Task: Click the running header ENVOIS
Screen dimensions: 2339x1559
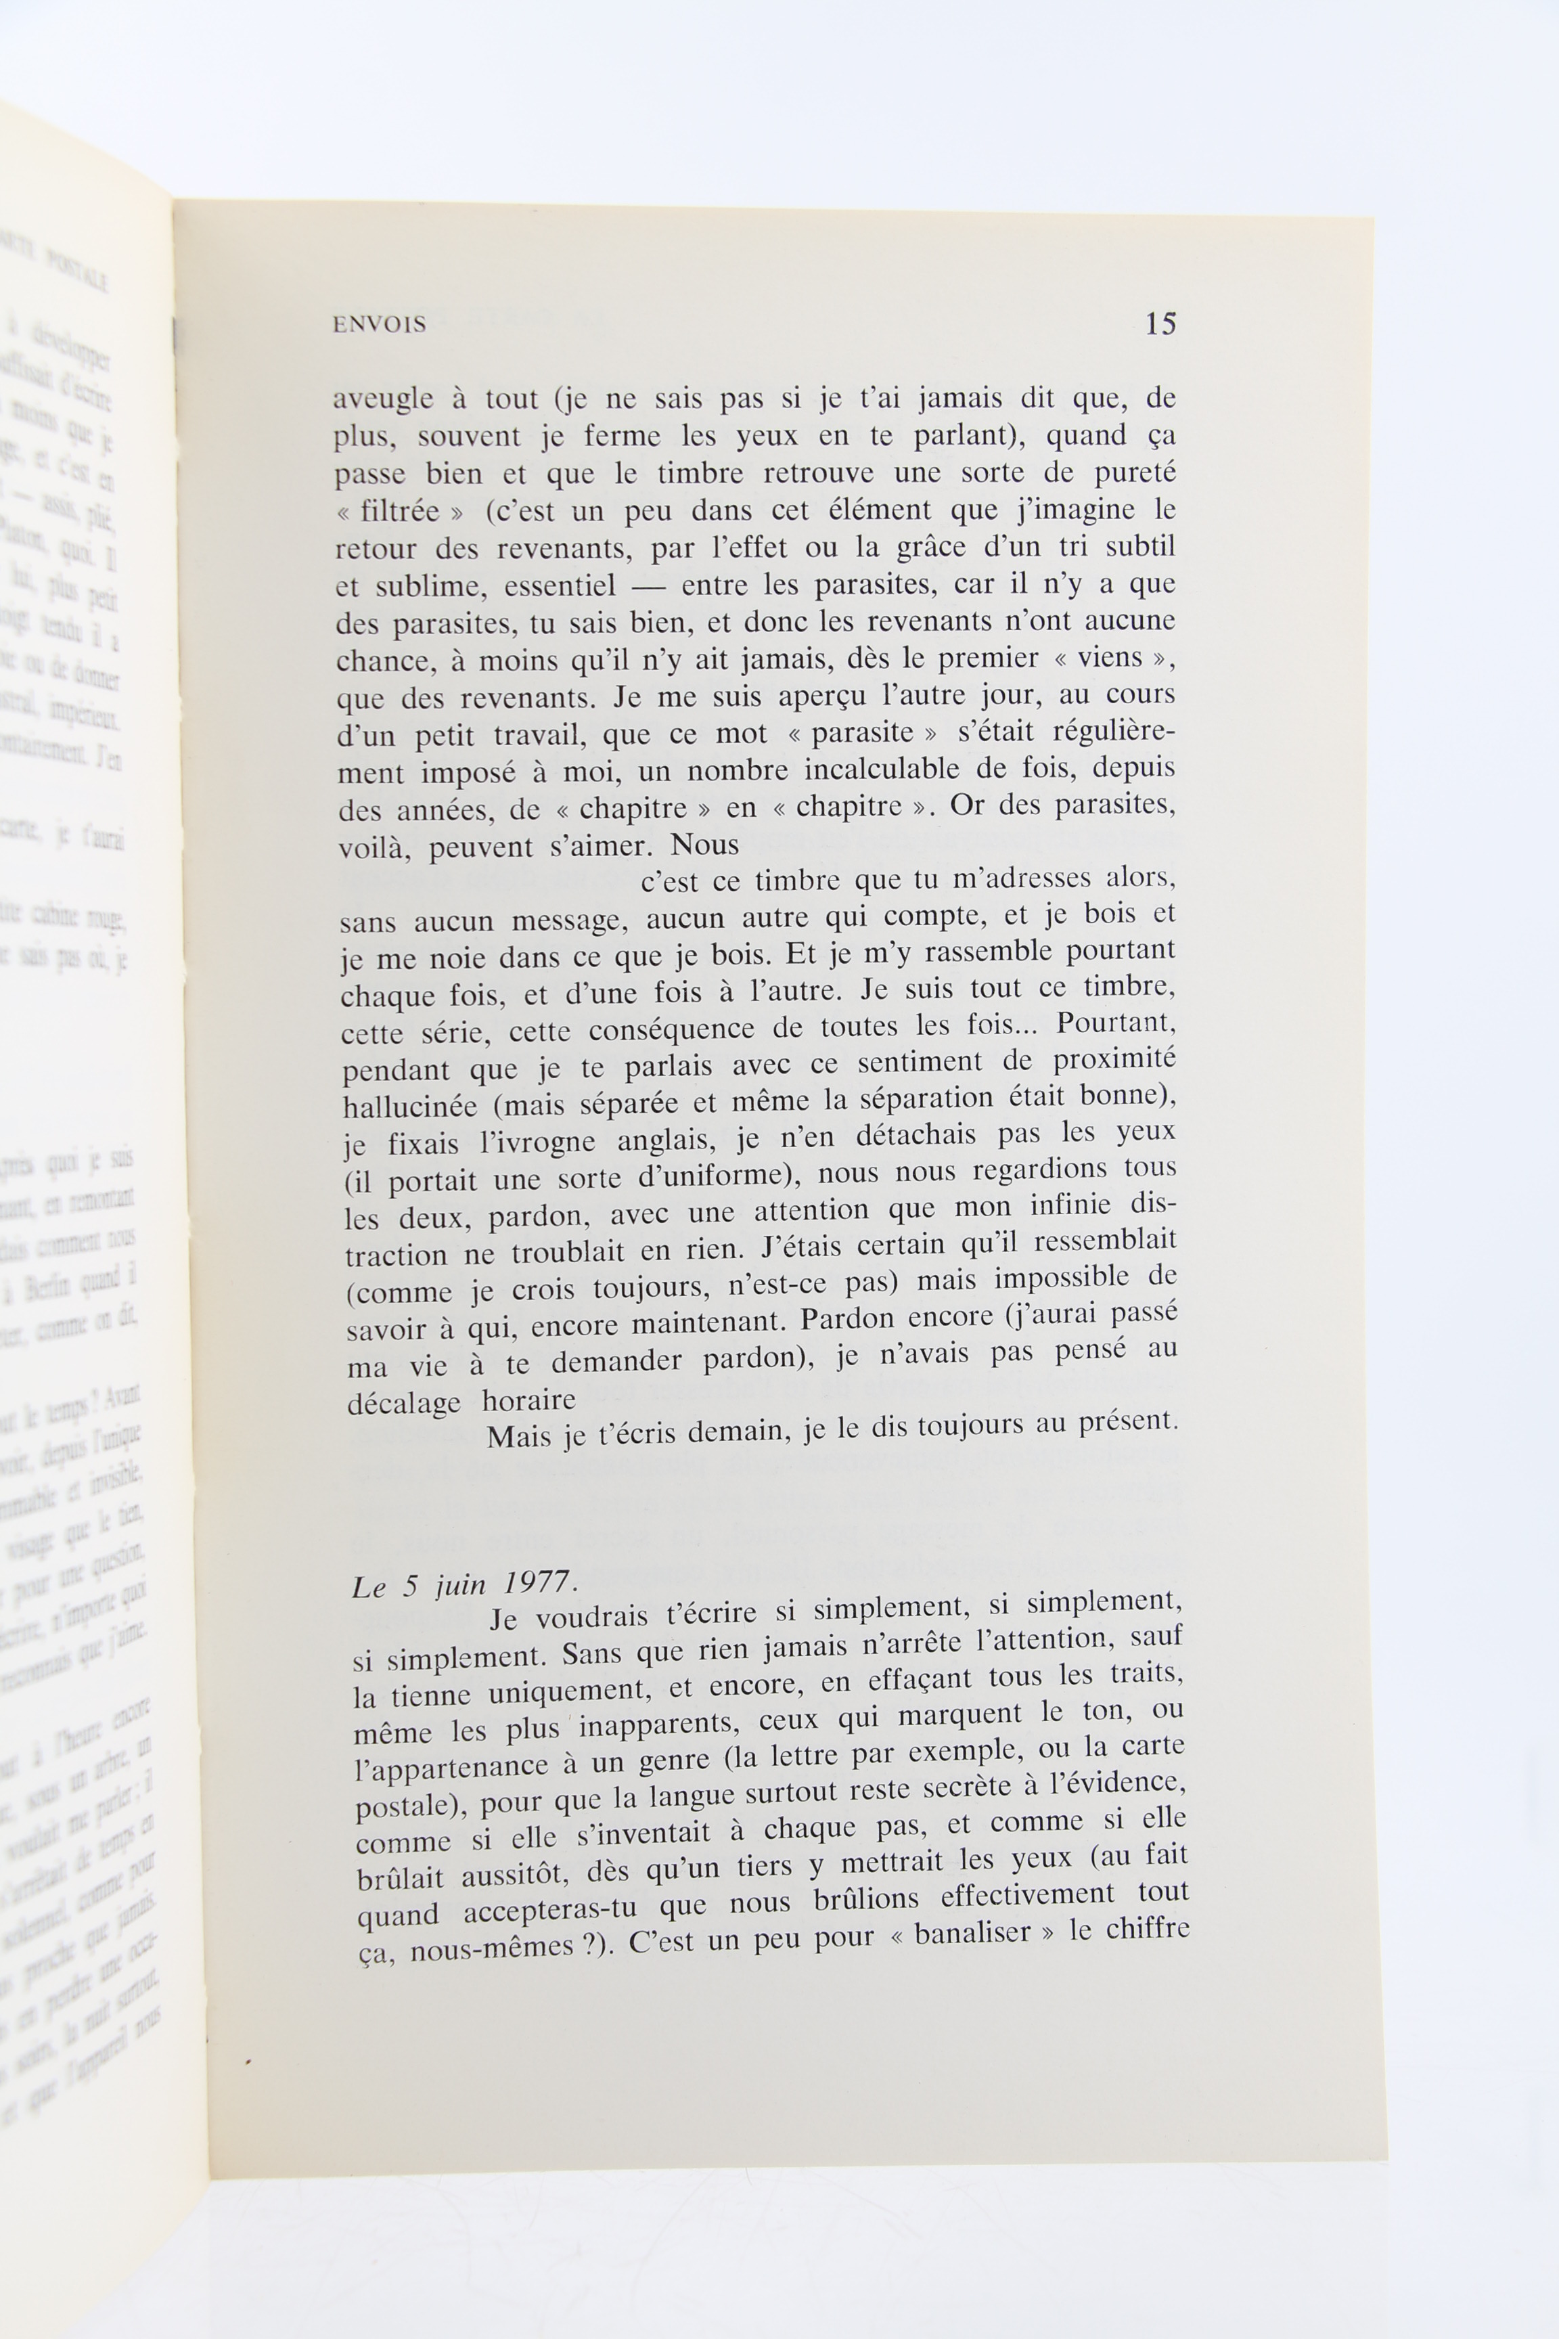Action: pos(379,324)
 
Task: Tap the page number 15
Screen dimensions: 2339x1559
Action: pos(1160,324)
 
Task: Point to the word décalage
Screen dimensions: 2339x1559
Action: pos(404,1403)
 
